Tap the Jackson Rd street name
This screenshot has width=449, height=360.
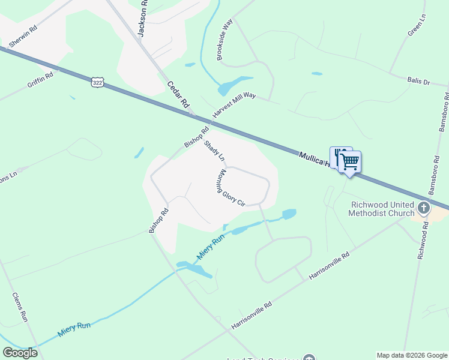pyautogui.click(x=142, y=19)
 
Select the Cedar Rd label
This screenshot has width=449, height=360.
pyautogui.click(x=178, y=95)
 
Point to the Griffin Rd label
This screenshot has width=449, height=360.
pyautogui.click(x=40, y=80)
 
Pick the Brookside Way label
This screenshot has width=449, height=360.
pyautogui.click(x=225, y=39)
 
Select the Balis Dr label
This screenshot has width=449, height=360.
pyautogui.click(x=418, y=81)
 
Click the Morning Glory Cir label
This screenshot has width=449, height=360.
pyautogui.click(x=231, y=188)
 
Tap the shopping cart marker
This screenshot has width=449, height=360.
pyautogui.click(x=349, y=161)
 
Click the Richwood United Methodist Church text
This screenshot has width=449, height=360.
pyautogui.click(x=383, y=209)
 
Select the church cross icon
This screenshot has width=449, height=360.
pyautogui.click(x=424, y=208)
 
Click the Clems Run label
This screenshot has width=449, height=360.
pyautogui.click(x=20, y=307)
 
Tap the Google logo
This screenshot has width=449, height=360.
pyautogui.click(x=20, y=353)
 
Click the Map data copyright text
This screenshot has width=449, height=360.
pyautogui.click(x=412, y=355)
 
